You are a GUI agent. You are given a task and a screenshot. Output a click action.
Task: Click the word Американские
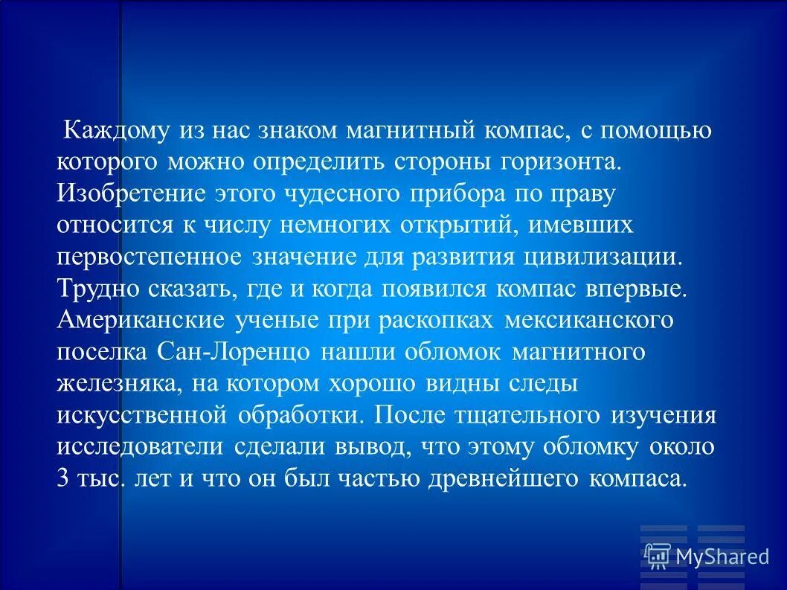[140, 321]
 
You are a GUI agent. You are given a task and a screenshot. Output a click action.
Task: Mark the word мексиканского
[588, 321]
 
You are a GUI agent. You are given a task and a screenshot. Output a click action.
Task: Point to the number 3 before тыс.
[62, 478]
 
